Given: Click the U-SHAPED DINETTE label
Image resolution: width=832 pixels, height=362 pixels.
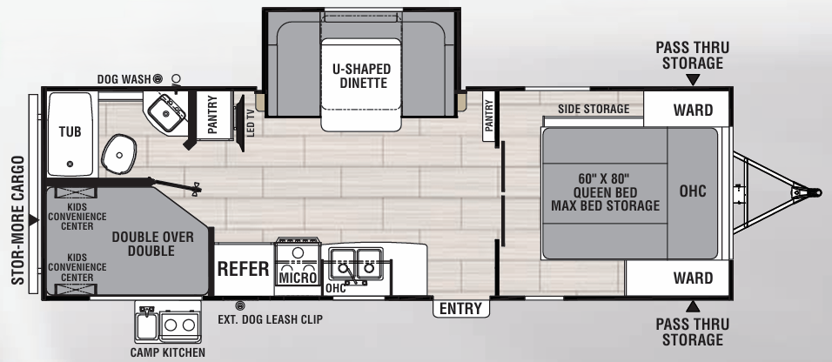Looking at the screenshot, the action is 361,76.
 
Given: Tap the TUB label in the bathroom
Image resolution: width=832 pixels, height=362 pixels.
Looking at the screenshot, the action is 70,131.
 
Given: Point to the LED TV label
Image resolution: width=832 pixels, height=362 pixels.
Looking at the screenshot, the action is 251,123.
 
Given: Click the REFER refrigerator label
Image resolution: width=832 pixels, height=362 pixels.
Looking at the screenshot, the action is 244,269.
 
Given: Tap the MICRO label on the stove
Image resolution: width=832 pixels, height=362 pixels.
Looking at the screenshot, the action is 298,278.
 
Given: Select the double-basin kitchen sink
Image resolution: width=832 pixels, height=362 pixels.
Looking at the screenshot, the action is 355,264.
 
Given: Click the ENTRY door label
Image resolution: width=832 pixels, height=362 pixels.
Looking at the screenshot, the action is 460,308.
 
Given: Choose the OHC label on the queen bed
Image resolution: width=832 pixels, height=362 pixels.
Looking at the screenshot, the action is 693,191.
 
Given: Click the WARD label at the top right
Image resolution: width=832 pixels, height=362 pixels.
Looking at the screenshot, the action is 693,111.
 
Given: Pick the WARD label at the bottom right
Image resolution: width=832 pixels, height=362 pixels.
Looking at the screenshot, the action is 693,278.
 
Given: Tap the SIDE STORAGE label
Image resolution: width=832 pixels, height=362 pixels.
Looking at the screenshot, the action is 594,109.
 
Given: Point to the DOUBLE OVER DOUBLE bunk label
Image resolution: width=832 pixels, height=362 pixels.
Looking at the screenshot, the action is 153,244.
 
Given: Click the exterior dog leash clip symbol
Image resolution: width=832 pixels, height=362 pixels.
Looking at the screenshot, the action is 240,305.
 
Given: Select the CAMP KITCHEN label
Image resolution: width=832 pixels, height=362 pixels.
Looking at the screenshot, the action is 168,352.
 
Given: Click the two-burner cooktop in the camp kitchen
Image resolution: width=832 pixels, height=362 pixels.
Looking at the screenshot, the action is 180,325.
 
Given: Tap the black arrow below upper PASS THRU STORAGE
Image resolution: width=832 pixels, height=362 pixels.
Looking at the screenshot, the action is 693,80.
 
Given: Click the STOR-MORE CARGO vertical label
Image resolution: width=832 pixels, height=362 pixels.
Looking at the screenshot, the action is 18,220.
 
